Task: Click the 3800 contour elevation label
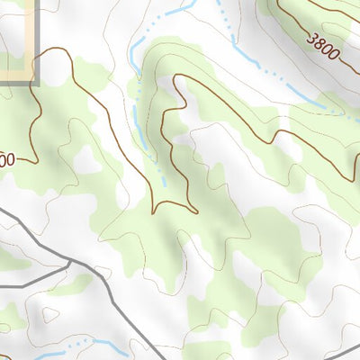pyautogui.click(x=323, y=46)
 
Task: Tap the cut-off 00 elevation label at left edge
pyautogui.click(x=6, y=161)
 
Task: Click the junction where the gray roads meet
pyautogui.click(x=70, y=262)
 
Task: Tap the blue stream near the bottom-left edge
pyautogui.click(x=76, y=344)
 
